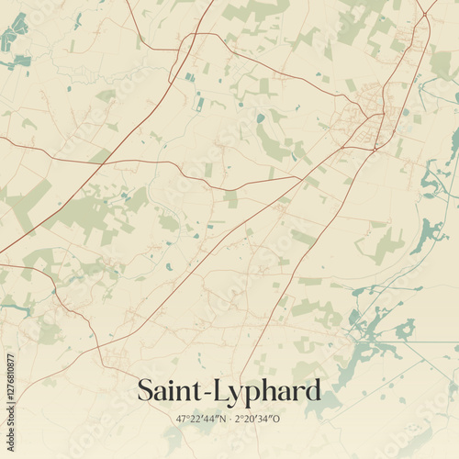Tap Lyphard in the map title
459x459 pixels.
[267, 391]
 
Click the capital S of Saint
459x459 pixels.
[146, 390]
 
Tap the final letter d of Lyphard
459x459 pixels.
[312, 390]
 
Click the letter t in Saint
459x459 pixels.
[197, 391]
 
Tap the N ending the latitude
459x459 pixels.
[223, 419]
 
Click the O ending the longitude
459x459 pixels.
[281, 419]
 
